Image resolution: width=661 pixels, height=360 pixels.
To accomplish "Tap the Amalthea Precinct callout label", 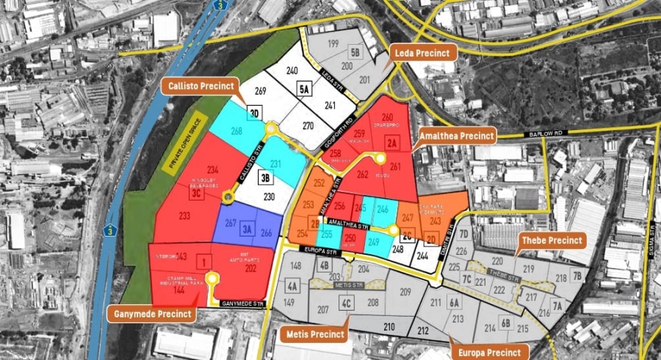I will coord(457,136).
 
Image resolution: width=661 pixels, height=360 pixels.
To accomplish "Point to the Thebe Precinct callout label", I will coord(551,240).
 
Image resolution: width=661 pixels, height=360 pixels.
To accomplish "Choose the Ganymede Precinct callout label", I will coord(153,314).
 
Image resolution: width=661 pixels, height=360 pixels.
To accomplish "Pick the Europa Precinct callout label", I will coord(488,352).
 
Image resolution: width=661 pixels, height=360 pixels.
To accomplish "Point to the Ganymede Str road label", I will coord(241,303).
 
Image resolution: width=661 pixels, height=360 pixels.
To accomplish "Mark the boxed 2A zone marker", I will coord(392,142).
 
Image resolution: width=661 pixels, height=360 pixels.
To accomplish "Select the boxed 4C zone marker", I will coord(347,302).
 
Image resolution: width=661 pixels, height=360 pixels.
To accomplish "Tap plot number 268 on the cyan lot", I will coord(236,132).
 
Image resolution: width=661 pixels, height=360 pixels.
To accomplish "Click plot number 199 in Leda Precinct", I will coord(333,45).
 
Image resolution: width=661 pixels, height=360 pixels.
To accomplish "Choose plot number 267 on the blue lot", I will coord(231,223).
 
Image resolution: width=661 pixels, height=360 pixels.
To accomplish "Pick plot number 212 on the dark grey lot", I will coord(422,331).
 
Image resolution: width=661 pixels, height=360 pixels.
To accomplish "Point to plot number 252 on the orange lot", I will coord(319,183).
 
